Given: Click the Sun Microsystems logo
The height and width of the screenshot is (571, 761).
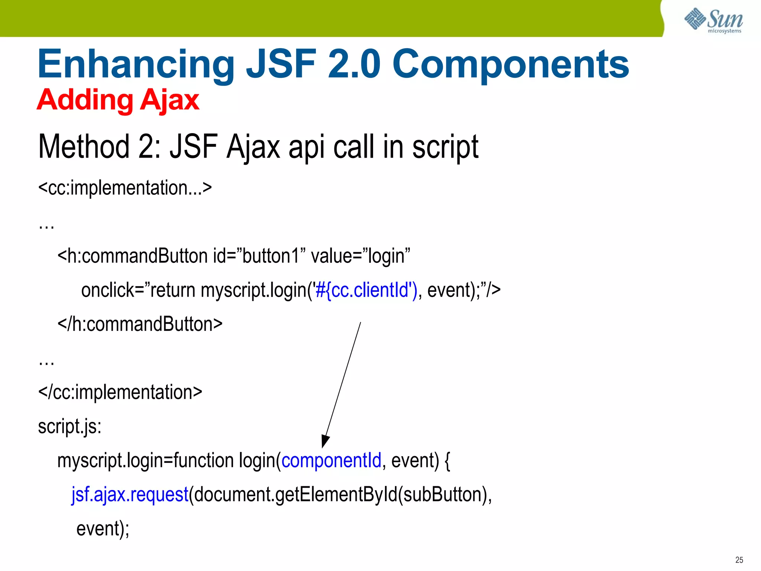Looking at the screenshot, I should coord(713,20).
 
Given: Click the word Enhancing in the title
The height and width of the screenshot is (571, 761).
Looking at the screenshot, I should coord(136,65).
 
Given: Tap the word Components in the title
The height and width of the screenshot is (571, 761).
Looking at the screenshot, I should coord(511,65).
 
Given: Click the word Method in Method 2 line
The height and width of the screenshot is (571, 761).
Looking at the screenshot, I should coord(84,147).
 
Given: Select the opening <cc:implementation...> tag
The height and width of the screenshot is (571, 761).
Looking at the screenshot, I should coord(125,188).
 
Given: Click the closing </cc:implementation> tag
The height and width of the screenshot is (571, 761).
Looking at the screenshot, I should coord(120,392).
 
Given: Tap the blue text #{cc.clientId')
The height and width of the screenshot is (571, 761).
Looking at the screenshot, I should coord(366,290).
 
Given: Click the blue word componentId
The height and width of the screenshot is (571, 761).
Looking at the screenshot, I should coord(331,461).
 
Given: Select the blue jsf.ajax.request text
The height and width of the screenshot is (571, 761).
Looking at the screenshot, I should coord(130,495).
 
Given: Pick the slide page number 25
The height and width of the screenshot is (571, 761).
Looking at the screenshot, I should coord(739,560).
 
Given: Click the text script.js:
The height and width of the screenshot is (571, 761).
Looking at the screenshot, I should coord(69,426).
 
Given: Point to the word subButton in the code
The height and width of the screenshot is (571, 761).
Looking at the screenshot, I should coord(442,495).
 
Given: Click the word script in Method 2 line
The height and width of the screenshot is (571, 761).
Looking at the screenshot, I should coord(445,147).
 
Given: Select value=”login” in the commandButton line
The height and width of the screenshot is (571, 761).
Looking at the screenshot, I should coord(360,256).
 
